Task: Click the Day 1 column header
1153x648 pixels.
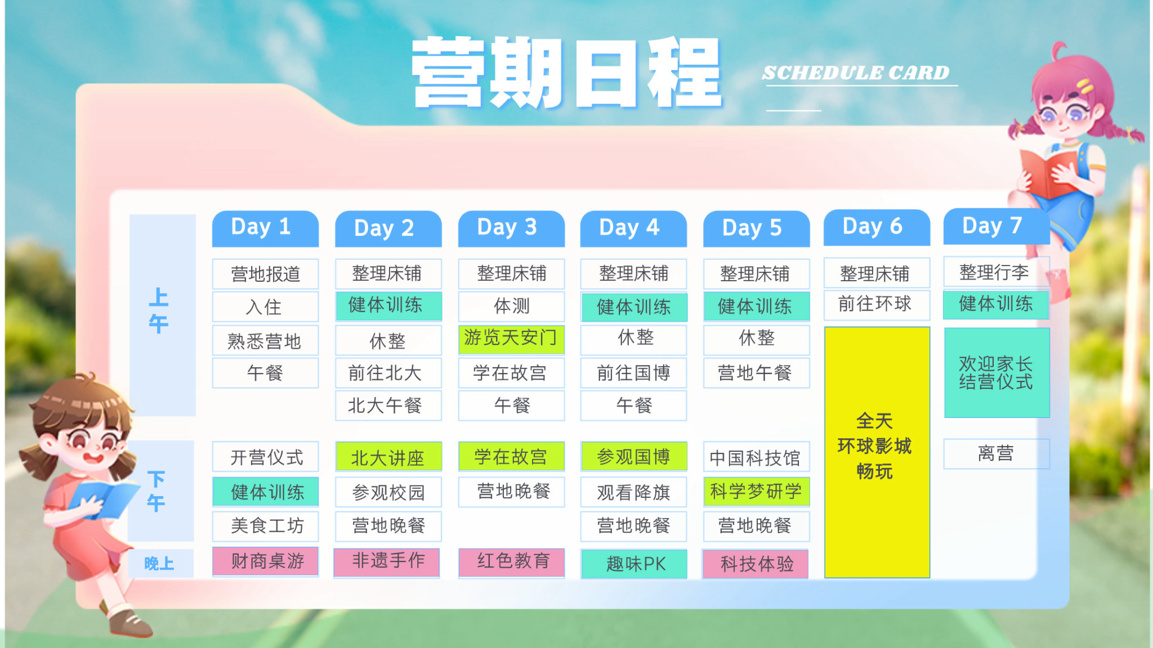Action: [265, 228]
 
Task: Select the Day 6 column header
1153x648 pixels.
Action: [877, 227]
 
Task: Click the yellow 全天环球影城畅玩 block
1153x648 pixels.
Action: [877, 452]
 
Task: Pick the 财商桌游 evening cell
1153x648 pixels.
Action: [265, 561]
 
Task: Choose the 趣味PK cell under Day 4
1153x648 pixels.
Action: [634, 564]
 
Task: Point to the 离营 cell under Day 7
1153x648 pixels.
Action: [996, 453]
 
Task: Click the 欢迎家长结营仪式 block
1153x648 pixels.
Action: [996, 372]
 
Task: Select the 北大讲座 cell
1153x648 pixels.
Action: [388, 457]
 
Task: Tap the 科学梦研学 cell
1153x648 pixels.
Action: [757, 492]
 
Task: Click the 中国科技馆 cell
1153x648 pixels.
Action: [757, 457]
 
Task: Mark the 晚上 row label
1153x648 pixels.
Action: [159, 564]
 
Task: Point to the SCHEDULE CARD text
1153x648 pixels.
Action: [856, 73]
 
